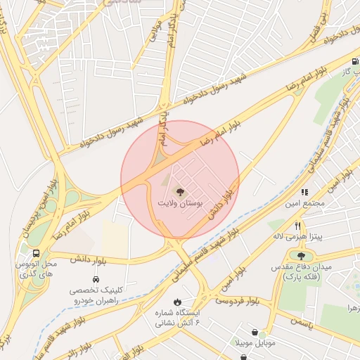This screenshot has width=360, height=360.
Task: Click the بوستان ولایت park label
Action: pos(179,202)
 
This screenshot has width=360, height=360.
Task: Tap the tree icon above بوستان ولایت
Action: pos(179,191)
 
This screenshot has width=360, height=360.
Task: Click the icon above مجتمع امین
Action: pos(304,192)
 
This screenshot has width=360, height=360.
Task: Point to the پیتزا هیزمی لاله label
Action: pos(298,238)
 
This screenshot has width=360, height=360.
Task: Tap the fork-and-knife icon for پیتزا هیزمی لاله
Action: pos(298,226)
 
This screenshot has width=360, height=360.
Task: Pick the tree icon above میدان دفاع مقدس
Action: pos(302,257)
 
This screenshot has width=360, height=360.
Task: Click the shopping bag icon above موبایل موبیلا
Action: pos(253,333)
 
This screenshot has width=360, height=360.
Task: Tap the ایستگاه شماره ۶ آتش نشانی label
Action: pos(177,316)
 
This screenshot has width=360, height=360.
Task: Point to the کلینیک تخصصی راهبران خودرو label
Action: pos(96,295)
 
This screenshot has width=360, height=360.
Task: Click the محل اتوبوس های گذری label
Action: pos(35,267)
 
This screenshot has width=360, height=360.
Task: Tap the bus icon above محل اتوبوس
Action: pos(35,252)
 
